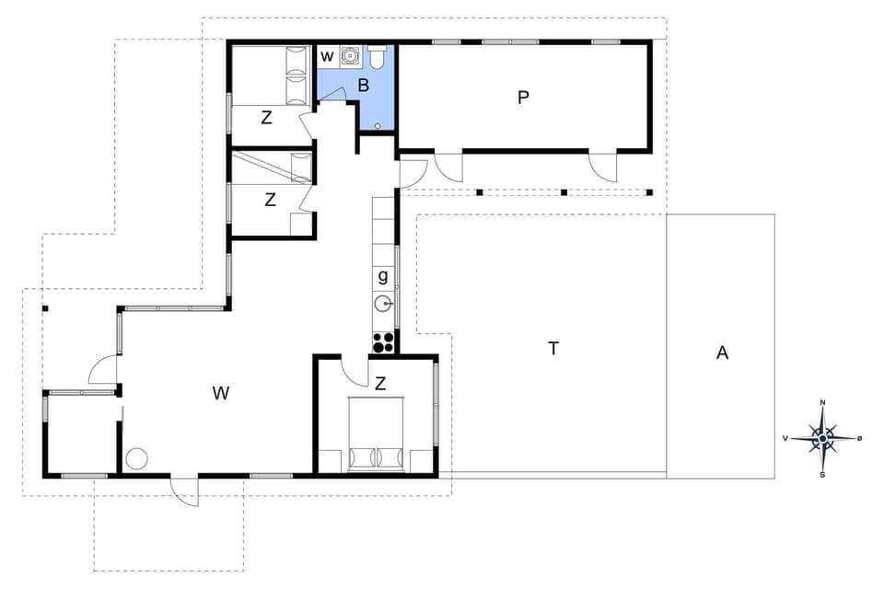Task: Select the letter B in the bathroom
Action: pyautogui.click(x=363, y=86)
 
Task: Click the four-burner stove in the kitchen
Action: pyautogui.click(x=384, y=342)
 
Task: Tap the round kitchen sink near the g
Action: pyautogui.click(x=384, y=303)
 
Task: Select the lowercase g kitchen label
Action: pyautogui.click(x=383, y=275)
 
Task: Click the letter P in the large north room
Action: pyautogui.click(x=523, y=97)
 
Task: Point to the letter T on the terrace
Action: pyautogui.click(x=552, y=348)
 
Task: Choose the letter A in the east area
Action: pyautogui.click(x=722, y=352)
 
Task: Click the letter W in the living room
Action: pyautogui.click(x=220, y=394)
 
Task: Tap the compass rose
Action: pyautogui.click(x=822, y=438)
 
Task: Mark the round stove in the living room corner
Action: pyautogui.click(x=137, y=457)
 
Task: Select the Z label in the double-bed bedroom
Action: pyautogui.click(x=379, y=384)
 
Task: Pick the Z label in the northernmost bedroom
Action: pyautogui.click(x=267, y=117)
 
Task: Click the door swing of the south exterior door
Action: pyautogui.click(x=186, y=493)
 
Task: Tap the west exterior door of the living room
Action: pyautogui.click(x=103, y=370)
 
